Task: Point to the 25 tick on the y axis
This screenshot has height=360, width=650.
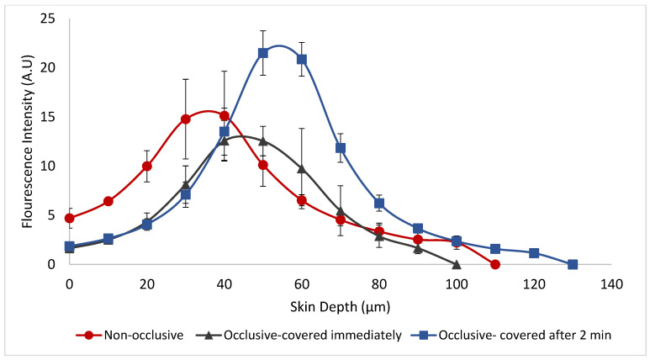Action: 47,19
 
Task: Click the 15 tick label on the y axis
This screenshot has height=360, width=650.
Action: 47,117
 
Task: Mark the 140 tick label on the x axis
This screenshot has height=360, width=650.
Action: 611,284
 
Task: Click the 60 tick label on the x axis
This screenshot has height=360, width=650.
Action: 302,284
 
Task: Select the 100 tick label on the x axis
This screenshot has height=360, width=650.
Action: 457,284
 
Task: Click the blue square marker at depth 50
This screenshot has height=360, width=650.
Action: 263,53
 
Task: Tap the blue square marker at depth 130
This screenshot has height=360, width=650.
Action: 573,264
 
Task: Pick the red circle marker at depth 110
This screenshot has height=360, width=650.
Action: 495,264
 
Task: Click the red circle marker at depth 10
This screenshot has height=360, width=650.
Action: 108,201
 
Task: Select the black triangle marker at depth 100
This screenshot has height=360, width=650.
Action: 457,264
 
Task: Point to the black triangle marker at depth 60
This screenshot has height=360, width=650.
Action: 302,169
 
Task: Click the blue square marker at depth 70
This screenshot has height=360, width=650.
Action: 341,148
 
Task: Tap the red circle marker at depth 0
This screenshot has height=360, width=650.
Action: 70,218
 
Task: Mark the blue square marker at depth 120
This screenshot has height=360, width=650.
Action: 534,253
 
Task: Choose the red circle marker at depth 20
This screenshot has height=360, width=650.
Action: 147,166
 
